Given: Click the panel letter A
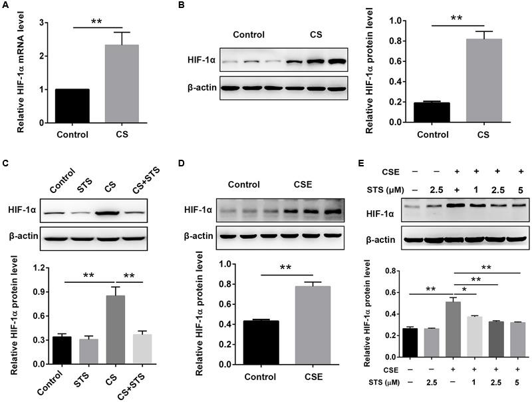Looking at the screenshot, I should click(x=5, y=7).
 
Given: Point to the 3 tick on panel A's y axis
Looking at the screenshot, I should click(x=41, y=23).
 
